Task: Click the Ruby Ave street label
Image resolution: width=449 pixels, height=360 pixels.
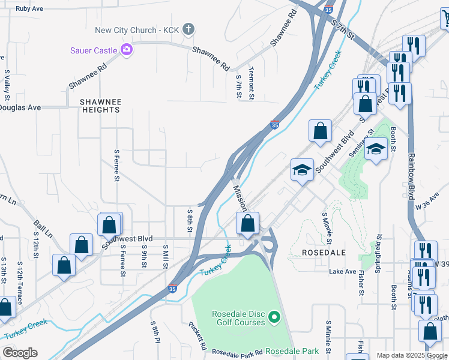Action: coord(29,9)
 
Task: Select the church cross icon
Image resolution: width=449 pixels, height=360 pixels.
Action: coord(188,29)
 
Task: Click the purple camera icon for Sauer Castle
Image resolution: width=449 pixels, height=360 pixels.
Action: coord(126,50)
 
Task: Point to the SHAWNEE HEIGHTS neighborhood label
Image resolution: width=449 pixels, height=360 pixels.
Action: coord(100,106)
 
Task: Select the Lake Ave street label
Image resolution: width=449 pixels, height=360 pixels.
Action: coord(343,272)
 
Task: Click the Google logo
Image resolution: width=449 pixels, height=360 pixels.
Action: coord(20,353)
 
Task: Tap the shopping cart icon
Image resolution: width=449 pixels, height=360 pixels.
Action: coord(446,19)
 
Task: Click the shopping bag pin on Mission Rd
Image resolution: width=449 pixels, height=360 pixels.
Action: coord(247,224)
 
